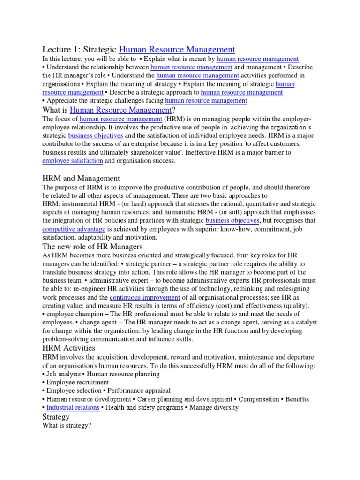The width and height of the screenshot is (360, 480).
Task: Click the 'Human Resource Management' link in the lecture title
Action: coord(177,49)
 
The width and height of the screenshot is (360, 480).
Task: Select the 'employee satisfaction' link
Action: coord(72,161)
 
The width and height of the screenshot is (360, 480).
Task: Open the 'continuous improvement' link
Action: coord(145,298)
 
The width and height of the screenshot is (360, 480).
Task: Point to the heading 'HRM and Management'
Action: coord(81,178)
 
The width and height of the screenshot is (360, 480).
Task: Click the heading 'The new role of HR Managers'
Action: coord(92,247)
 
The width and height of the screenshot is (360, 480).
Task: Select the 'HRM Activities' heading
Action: coord(68,348)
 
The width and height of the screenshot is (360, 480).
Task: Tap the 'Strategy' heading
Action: coord(56,417)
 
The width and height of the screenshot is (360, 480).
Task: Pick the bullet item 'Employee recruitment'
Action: coord(77,382)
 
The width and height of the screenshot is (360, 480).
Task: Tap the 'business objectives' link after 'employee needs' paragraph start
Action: coord(96,135)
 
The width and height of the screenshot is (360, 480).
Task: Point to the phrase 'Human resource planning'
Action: coord(123,374)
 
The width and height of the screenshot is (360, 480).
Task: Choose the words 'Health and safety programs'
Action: coord(145,407)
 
